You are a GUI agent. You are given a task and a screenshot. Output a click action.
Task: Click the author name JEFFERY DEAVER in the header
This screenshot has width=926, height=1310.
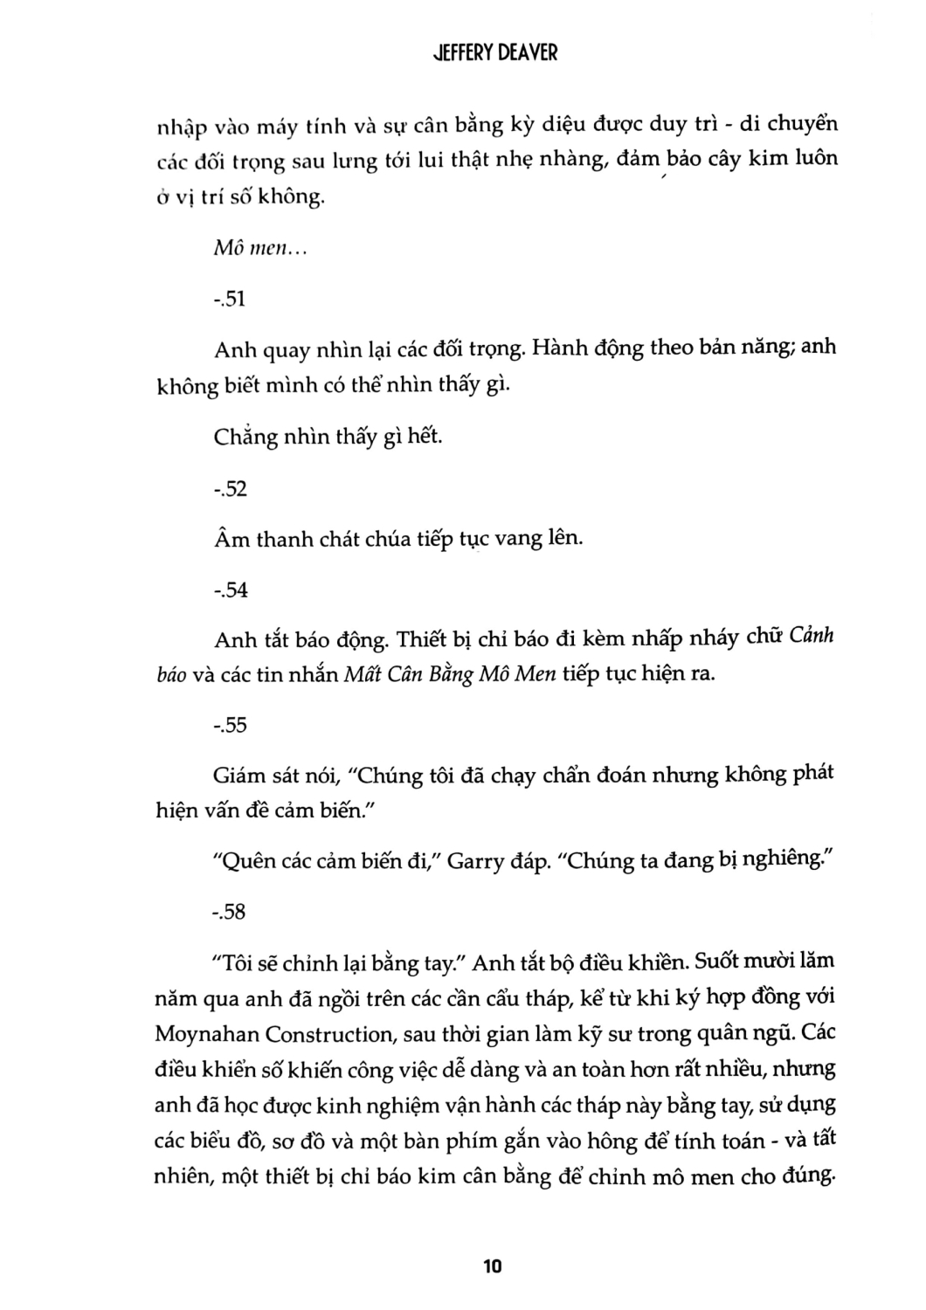coord(495,52)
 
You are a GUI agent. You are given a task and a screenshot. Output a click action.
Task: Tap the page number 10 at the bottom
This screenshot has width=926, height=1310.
coord(493,1265)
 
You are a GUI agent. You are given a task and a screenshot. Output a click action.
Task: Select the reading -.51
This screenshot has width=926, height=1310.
coord(230,300)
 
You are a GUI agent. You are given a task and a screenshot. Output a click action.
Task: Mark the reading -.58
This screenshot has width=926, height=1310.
coord(230,913)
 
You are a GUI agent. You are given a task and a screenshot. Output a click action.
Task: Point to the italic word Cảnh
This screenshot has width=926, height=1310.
coord(812,637)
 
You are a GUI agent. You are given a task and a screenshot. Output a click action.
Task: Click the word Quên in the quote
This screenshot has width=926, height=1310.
coord(244,862)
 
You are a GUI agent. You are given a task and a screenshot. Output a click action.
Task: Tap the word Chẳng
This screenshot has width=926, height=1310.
coord(245,437)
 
